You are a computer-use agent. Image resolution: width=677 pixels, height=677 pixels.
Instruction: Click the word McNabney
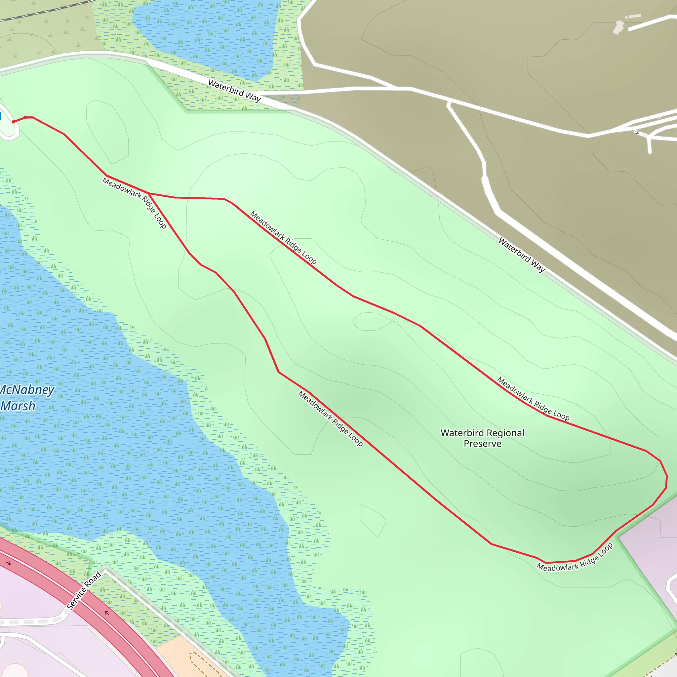point(27,390)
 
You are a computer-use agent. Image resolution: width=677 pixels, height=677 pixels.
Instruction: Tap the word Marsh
point(18,406)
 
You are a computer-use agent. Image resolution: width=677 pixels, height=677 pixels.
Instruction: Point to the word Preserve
point(482,444)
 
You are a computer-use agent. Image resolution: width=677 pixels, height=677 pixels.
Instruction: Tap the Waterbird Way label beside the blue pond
point(234,90)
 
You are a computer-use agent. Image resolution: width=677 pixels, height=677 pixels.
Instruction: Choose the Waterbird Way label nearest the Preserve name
point(521,255)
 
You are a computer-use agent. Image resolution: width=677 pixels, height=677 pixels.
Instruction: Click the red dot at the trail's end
point(14,122)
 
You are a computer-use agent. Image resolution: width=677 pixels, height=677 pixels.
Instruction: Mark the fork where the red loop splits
point(149,193)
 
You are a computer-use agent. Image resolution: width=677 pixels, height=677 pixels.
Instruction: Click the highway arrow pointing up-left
point(106,613)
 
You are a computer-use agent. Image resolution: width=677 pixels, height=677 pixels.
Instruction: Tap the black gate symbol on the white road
point(637,133)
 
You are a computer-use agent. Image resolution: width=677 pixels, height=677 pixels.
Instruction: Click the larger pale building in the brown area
point(618,27)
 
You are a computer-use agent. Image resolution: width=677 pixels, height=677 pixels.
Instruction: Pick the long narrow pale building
point(633,16)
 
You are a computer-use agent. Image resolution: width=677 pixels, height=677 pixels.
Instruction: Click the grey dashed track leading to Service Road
point(31,621)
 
